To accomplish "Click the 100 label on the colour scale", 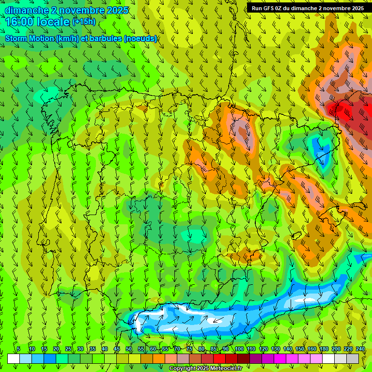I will pos(239,349).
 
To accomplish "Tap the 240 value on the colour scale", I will pos(360,349).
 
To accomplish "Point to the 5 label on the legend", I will pos(18,349).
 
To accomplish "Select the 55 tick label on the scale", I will pos(141,349).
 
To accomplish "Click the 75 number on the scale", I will pos(190,349).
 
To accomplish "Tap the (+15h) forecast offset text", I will pos(84,21).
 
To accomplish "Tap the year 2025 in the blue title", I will pos(116,10).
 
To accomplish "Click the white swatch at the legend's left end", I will pos(14,358).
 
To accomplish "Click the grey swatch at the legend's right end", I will pos(353,358).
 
